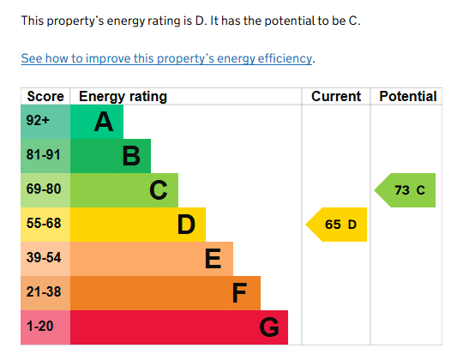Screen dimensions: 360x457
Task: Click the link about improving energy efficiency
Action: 167,59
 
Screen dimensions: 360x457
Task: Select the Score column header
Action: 45,97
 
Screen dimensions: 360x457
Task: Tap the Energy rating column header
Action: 123,97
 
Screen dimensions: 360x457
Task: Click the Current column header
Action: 336,97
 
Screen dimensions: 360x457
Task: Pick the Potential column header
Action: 407,97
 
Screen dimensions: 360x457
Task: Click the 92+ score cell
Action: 39,122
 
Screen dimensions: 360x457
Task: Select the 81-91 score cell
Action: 44,156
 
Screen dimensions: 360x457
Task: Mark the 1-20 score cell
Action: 41,327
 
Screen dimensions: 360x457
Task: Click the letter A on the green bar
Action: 104,123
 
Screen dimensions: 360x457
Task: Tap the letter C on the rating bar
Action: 159,190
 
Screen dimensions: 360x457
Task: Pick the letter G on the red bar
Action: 268,327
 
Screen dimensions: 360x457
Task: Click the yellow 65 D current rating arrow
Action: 338,225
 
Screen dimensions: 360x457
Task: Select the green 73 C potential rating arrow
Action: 406,190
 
